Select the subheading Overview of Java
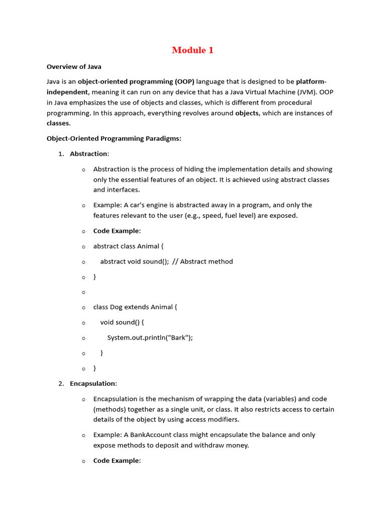click(x=74, y=66)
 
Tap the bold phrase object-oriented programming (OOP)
click(x=136, y=81)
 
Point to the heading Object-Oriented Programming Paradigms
click(x=114, y=138)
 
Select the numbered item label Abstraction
click(x=88, y=154)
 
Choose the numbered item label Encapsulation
click(x=93, y=383)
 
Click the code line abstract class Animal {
click(x=128, y=246)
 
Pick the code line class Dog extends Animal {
click(x=135, y=307)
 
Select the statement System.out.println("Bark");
click(x=150, y=337)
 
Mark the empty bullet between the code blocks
click(x=83, y=292)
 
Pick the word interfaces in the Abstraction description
click(x=124, y=190)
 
